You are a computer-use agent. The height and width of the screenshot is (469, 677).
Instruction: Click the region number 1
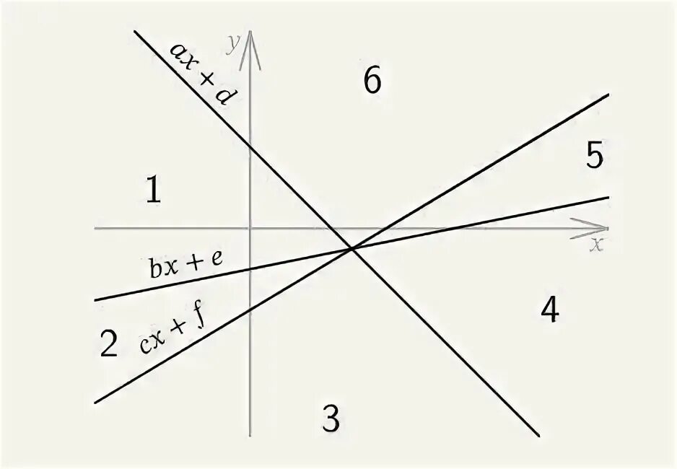click(x=152, y=190)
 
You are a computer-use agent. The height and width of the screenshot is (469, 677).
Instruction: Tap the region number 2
click(x=109, y=344)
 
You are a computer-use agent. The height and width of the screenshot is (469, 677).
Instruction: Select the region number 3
click(x=331, y=418)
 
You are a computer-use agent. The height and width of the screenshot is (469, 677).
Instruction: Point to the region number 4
click(x=549, y=310)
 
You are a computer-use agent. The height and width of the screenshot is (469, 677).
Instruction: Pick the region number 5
click(x=594, y=156)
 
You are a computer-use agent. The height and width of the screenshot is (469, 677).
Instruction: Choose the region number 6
click(x=372, y=81)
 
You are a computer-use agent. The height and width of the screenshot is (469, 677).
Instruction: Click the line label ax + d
click(x=198, y=72)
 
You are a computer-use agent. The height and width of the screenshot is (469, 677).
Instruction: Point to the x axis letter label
click(x=596, y=244)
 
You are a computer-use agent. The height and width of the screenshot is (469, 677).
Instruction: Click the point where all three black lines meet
click(x=351, y=249)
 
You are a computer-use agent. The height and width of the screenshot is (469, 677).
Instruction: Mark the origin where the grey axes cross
click(x=250, y=228)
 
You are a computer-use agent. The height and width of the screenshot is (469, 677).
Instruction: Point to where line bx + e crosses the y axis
click(x=250, y=269)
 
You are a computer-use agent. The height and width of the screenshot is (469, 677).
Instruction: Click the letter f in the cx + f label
click(x=196, y=317)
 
